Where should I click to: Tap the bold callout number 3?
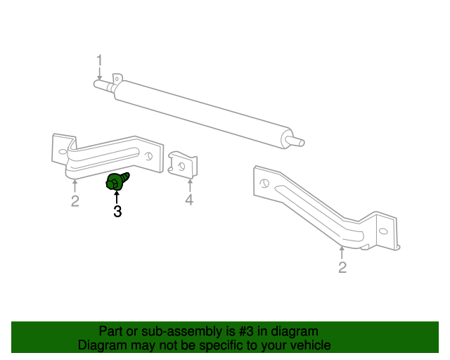(117, 212)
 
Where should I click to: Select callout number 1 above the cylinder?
(99, 60)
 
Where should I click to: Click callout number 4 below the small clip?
(189, 200)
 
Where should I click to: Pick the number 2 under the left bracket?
(75, 201)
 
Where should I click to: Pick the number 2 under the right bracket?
(342, 267)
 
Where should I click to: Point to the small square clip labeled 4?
(183, 165)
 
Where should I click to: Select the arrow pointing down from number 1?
(99, 74)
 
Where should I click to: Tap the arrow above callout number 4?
(190, 186)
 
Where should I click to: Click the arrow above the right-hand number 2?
(342, 253)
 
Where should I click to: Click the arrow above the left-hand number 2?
(75, 186)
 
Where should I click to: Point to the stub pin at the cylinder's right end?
(297, 141)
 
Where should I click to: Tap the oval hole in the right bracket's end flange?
(383, 231)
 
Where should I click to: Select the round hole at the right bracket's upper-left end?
(264, 183)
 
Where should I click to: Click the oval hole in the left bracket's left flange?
(63, 152)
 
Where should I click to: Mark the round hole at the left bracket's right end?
(148, 156)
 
